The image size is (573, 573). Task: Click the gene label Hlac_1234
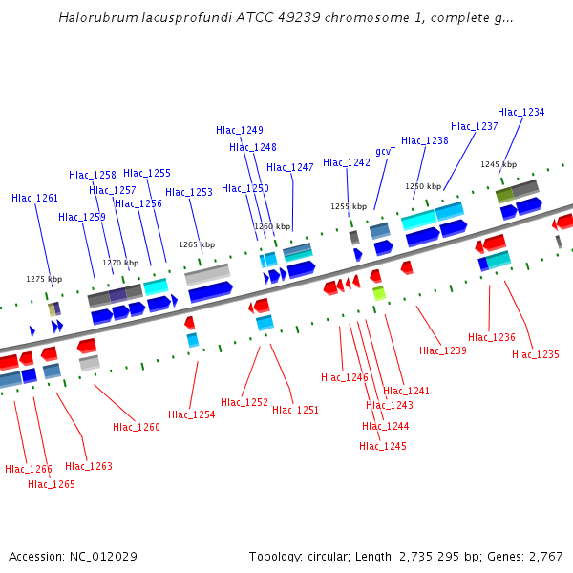click(520, 112)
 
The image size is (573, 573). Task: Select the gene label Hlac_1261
click(34, 198)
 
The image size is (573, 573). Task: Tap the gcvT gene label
click(385, 151)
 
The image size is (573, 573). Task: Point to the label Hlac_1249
click(239, 130)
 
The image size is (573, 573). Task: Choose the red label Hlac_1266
click(28, 469)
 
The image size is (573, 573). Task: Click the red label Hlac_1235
click(535, 354)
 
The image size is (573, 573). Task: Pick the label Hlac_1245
click(382, 446)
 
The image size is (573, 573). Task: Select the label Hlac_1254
click(191, 414)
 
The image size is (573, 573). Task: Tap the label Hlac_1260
click(136, 427)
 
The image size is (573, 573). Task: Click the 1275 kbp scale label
click(43, 279)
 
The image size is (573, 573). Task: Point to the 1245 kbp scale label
click(498, 164)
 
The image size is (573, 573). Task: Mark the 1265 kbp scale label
click(196, 244)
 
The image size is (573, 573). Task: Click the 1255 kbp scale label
click(349, 206)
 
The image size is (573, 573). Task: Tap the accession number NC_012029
click(105, 556)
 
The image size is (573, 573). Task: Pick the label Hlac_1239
click(442, 350)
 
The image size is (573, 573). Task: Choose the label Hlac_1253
click(188, 192)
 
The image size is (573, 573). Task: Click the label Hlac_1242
click(346, 162)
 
